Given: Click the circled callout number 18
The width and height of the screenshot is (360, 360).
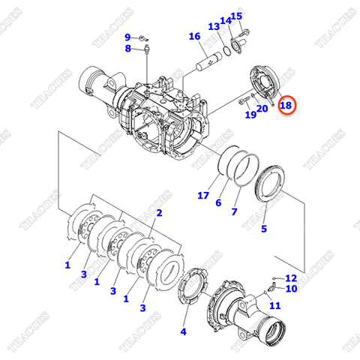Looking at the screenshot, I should click(x=286, y=106).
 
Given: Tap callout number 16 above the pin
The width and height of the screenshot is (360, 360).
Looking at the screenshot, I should click(x=194, y=37).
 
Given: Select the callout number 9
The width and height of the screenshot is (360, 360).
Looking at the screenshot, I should click(x=127, y=36).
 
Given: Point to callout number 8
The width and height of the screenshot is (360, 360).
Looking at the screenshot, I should click(x=127, y=49).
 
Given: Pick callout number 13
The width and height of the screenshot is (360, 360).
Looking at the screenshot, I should click(x=213, y=27).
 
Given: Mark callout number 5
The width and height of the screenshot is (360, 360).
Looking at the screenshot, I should click(x=264, y=229).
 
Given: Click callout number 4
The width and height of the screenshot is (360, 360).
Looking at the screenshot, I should click(x=184, y=331).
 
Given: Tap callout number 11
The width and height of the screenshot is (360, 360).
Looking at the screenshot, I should click(x=274, y=305).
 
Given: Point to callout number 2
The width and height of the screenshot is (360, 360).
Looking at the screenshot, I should click(x=159, y=213).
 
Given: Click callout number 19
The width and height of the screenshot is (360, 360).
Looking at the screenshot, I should click(x=250, y=115).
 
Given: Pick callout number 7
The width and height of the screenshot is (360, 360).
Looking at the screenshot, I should click(x=234, y=212).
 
